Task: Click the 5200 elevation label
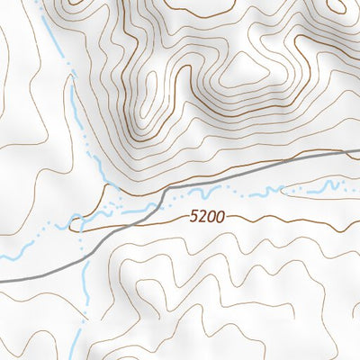(207, 217)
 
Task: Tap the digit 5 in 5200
(194, 217)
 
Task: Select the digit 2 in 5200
(202, 217)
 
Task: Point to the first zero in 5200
(211, 217)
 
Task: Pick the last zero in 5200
(219, 217)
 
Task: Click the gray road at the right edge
(356, 152)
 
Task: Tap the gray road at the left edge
(4, 282)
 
